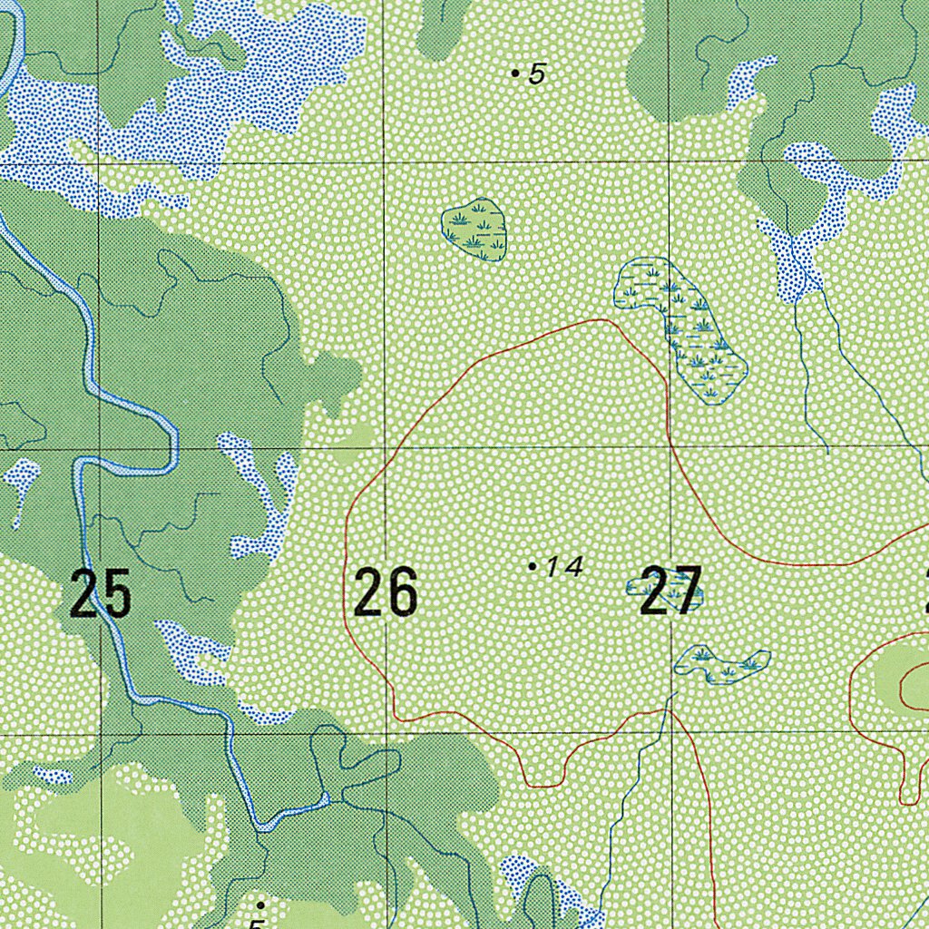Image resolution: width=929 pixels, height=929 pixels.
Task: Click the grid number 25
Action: [x=101, y=593]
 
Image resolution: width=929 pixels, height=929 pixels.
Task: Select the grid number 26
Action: [x=386, y=592]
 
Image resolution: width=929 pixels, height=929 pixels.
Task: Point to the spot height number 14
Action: [x=563, y=567]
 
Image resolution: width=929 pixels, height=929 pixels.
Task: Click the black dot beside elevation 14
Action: [x=532, y=566]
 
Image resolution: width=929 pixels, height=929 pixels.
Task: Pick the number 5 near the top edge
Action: [x=537, y=74]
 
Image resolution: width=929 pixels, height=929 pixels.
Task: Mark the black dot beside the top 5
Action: [x=515, y=73]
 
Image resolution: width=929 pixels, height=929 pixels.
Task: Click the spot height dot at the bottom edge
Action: [x=260, y=905]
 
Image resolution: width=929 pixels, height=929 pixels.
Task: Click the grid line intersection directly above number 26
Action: [x=385, y=447]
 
